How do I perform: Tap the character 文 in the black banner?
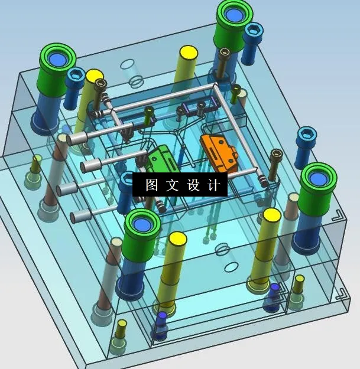[x=172, y=185]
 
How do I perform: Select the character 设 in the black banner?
[x=193, y=185]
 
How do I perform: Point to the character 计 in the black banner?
[x=213, y=185]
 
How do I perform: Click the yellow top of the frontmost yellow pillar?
[x=177, y=239]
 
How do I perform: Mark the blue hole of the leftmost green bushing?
[x=58, y=58]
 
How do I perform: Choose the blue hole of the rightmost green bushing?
[x=319, y=179]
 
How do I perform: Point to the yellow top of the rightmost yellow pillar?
[x=271, y=214]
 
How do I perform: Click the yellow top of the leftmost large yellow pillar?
[x=95, y=76]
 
